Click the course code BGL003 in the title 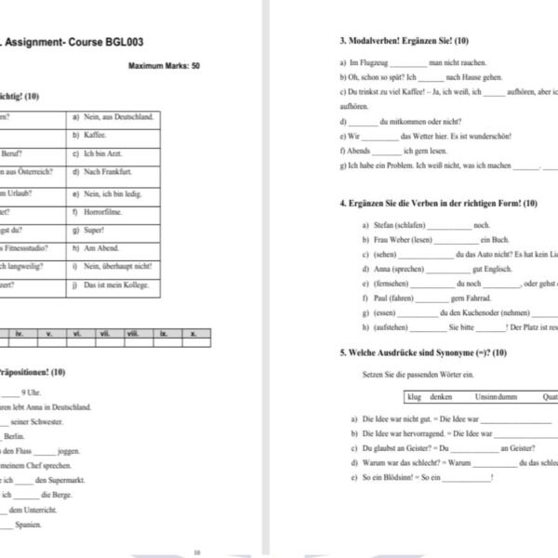121,43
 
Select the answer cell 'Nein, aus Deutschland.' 113,117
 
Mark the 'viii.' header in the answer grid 133,332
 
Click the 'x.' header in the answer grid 193,332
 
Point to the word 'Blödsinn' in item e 392,478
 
